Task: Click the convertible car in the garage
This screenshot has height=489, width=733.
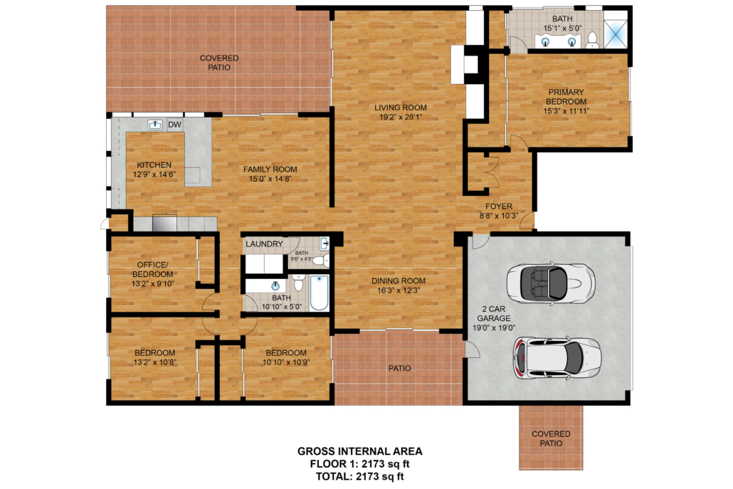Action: point(551,283)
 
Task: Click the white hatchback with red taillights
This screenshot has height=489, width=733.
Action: point(557,359)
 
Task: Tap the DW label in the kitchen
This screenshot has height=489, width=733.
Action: point(174,125)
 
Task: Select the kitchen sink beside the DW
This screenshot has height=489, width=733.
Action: point(154,125)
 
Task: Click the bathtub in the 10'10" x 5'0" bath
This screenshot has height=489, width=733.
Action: point(320,293)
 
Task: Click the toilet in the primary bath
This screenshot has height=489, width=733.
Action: point(592,41)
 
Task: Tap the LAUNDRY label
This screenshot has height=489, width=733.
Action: point(264,244)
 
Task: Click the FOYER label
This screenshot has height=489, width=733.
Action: point(498,206)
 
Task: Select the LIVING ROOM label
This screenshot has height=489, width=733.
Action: point(400,107)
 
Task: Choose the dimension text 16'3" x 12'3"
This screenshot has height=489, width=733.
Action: point(399,290)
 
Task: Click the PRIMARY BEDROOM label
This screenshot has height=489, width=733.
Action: point(566,97)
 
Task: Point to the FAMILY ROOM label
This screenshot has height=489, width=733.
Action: point(270,169)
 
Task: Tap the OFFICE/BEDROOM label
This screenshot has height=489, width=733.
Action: point(152,270)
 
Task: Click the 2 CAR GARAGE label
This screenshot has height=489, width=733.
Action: point(494,314)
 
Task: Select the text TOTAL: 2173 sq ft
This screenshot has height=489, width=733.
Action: point(359,476)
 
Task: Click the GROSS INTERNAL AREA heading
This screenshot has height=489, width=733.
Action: point(360,451)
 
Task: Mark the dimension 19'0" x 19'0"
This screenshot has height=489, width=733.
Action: point(494,327)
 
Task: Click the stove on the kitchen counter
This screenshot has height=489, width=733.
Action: point(164,223)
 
